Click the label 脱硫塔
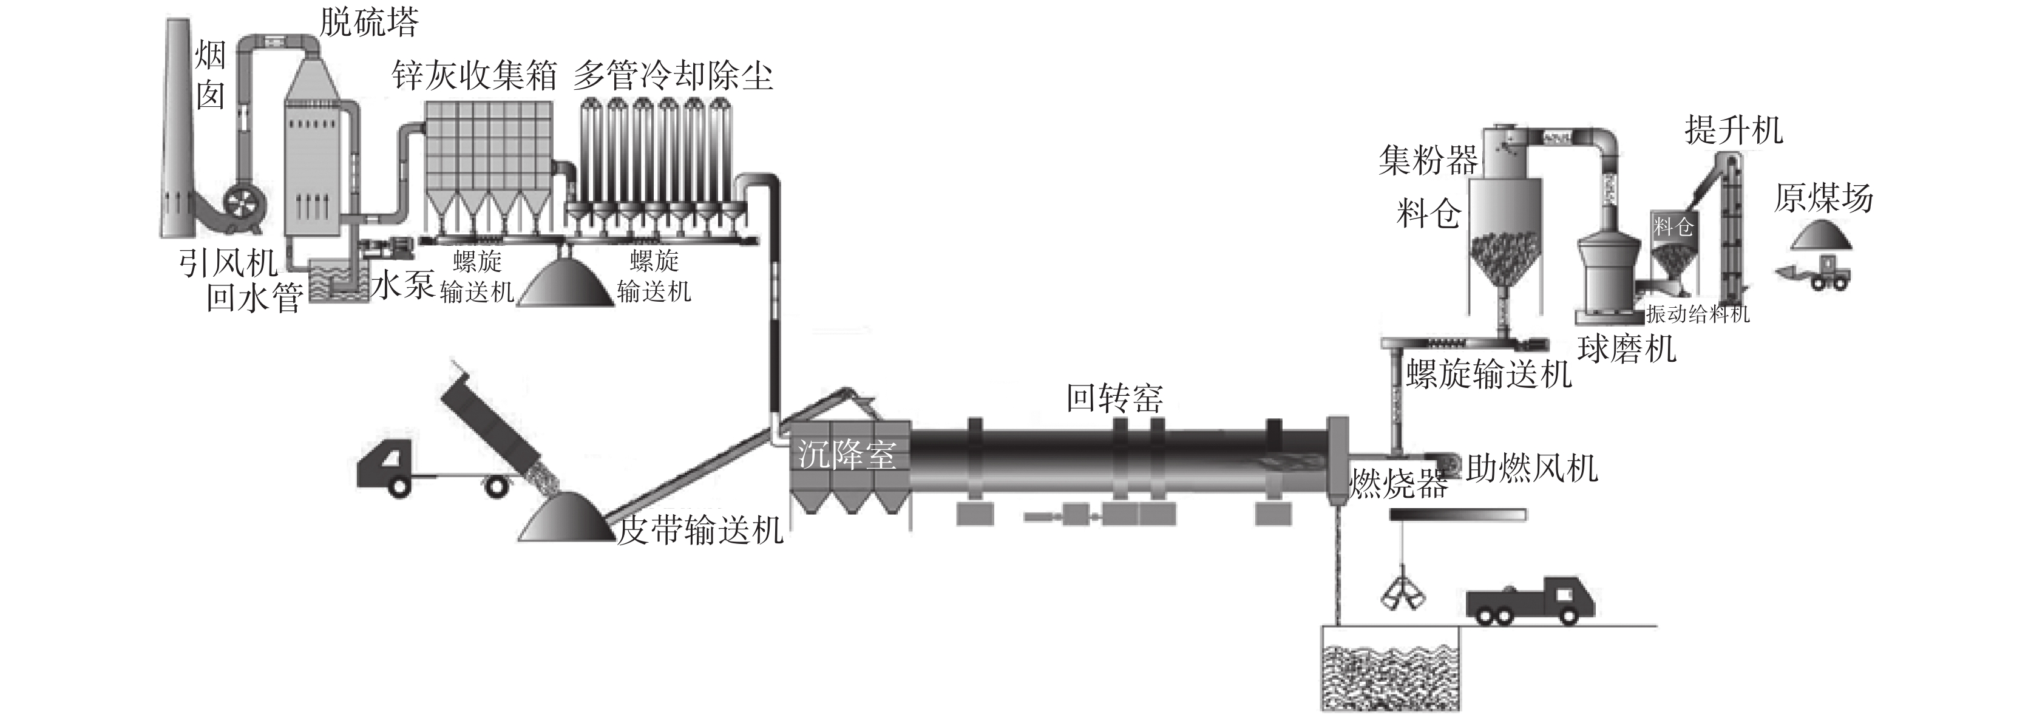point(368,24)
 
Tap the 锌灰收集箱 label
point(475,76)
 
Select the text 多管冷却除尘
point(673,76)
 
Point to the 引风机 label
point(227,263)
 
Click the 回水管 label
point(254,299)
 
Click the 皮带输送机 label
point(699,530)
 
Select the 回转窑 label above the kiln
point(1114,398)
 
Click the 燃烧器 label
point(1398,483)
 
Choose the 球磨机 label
point(1627,348)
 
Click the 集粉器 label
point(1428,161)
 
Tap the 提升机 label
point(1734,130)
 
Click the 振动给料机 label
point(1698,314)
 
